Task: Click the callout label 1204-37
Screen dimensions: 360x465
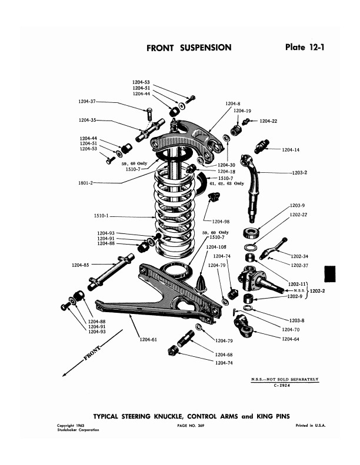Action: click(x=87, y=102)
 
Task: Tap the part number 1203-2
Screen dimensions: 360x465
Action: click(x=299, y=173)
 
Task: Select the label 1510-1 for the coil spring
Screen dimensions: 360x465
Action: click(x=101, y=216)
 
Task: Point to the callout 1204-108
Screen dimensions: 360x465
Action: click(x=216, y=247)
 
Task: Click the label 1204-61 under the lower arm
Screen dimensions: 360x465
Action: click(x=148, y=340)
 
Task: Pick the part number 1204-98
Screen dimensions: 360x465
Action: click(x=221, y=222)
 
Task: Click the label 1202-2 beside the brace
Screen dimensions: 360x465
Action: click(x=317, y=291)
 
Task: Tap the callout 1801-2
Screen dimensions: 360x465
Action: click(x=85, y=183)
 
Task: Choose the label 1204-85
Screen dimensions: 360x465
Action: click(x=80, y=265)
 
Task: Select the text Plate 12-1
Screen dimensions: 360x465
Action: click(x=305, y=47)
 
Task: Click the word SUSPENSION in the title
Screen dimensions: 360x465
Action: click(x=206, y=48)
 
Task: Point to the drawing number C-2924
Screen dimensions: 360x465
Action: click(x=282, y=386)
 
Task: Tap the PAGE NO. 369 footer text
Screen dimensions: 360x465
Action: click(x=191, y=426)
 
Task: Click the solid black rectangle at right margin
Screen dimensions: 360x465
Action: click(x=330, y=274)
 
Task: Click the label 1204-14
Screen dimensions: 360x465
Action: click(x=291, y=150)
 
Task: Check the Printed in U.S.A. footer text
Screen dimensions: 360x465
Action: click(x=311, y=426)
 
